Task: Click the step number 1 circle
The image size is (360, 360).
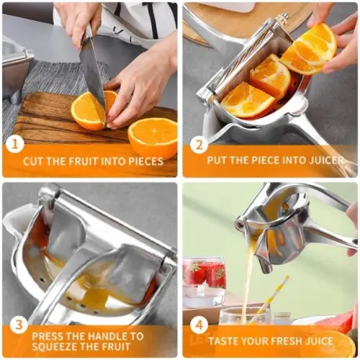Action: (x=15, y=145)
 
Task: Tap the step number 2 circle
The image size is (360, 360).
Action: (x=199, y=145)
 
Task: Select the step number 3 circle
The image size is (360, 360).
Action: (x=19, y=325)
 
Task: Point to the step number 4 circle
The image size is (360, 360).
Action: (x=199, y=325)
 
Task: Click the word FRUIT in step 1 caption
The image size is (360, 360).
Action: (x=83, y=161)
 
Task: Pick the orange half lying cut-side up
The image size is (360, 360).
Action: (x=153, y=137)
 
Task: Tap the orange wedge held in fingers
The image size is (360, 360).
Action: (x=310, y=49)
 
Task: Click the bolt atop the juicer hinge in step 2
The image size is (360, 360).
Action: (x=284, y=17)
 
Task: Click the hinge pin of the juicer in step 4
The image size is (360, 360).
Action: (x=239, y=225)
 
